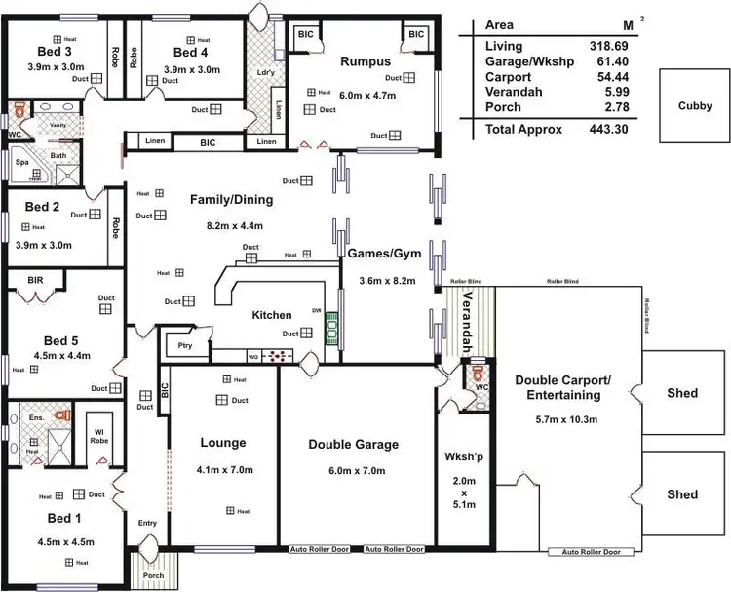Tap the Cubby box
694,106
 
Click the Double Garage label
353,444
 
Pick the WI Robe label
100,436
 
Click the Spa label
21,163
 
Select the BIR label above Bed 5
36,279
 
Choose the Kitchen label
272,316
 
